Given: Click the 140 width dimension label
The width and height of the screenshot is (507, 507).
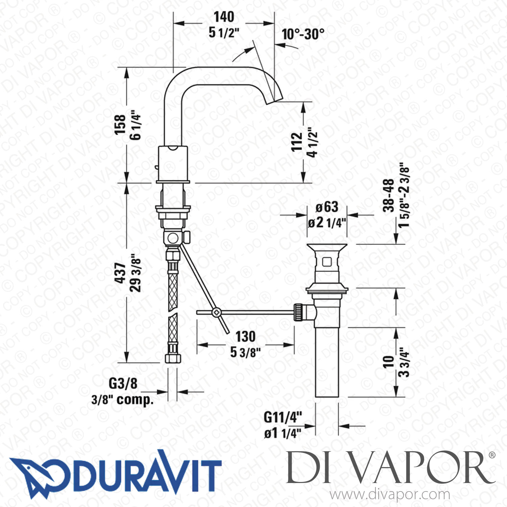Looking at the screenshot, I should (224, 17).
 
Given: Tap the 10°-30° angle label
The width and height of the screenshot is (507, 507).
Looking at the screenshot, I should (303, 34).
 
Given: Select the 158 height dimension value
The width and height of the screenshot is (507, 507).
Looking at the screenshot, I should (120, 124).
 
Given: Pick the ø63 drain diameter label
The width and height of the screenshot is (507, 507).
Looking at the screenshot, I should (327, 207).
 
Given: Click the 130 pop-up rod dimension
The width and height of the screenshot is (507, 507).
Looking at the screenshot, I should (245, 337).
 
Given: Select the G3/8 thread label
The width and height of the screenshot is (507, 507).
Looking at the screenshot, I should (123, 384).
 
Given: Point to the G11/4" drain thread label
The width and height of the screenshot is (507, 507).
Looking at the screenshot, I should (283, 417).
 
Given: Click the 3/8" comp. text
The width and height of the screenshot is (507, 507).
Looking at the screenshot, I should (122, 400).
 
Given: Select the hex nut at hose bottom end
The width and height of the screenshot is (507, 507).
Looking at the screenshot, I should (172, 358).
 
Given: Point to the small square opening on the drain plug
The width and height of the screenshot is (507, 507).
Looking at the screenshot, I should (327, 262).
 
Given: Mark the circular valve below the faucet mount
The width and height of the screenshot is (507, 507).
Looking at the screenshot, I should (173, 238).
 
